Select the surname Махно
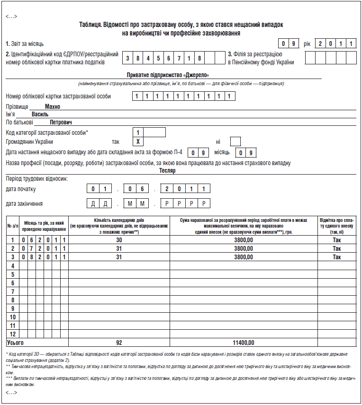coord(52,107)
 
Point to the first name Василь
coord(40,114)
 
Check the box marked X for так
coord(138,141)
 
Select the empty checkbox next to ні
coord(235,141)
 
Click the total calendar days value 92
coord(119,343)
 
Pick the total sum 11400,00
coord(244,343)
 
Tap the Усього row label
coord(15,343)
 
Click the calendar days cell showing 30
coord(119,240)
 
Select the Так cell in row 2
coord(336,248)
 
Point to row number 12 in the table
coord(13,334)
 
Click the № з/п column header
coord(13,226)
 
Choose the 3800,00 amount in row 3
coord(244,257)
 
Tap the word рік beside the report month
coord(307,44)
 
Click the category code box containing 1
coord(138,132)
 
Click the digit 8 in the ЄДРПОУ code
coord(200,58)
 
